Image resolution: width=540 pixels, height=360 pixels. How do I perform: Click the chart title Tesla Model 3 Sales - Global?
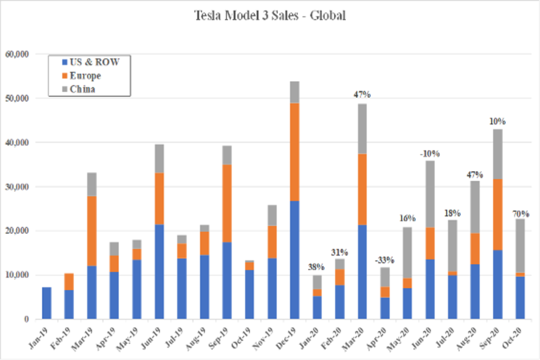(x=270, y=16)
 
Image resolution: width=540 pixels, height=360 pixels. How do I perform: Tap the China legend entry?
(x=82, y=89)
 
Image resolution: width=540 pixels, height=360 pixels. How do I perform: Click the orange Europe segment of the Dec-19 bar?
(x=295, y=152)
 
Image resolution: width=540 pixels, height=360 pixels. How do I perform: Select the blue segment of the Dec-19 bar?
(x=295, y=260)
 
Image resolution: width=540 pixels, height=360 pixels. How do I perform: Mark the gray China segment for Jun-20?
(x=430, y=194)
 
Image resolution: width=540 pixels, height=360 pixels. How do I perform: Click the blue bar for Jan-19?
(x=46, y=303)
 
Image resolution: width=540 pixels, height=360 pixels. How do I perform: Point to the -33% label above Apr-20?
(x=385, y=260)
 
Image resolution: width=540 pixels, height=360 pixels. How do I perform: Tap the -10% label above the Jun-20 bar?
(x=430, y=153)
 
